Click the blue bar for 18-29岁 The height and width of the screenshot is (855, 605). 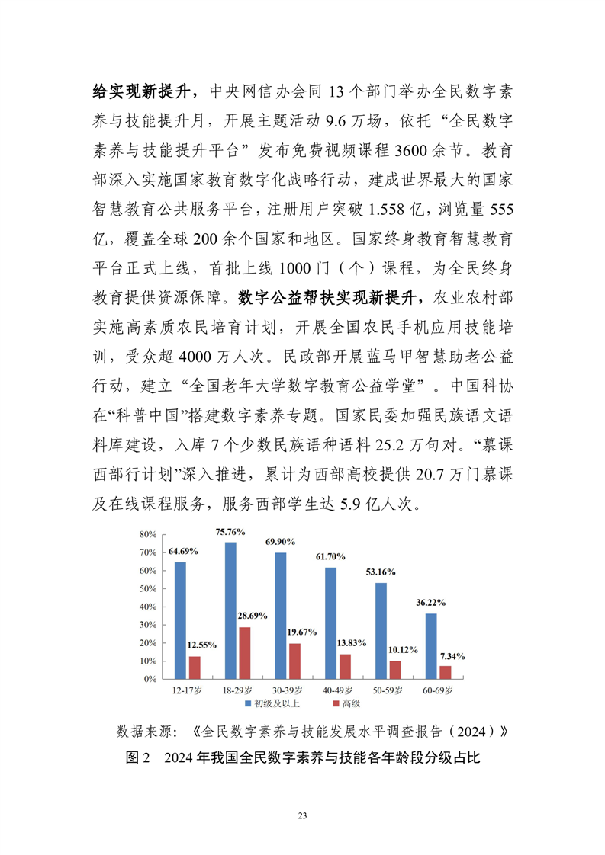(x=230, y=610)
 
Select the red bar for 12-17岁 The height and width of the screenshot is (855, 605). (x=195, y=667)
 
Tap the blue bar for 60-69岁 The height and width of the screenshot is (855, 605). (x=431, y=645)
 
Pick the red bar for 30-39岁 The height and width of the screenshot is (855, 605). (x=294, y=661)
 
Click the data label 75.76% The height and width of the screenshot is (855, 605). (x=230, y=532)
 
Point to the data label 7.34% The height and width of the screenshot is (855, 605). (x=452, y=655)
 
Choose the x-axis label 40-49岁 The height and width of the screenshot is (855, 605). (x=337, y=690)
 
